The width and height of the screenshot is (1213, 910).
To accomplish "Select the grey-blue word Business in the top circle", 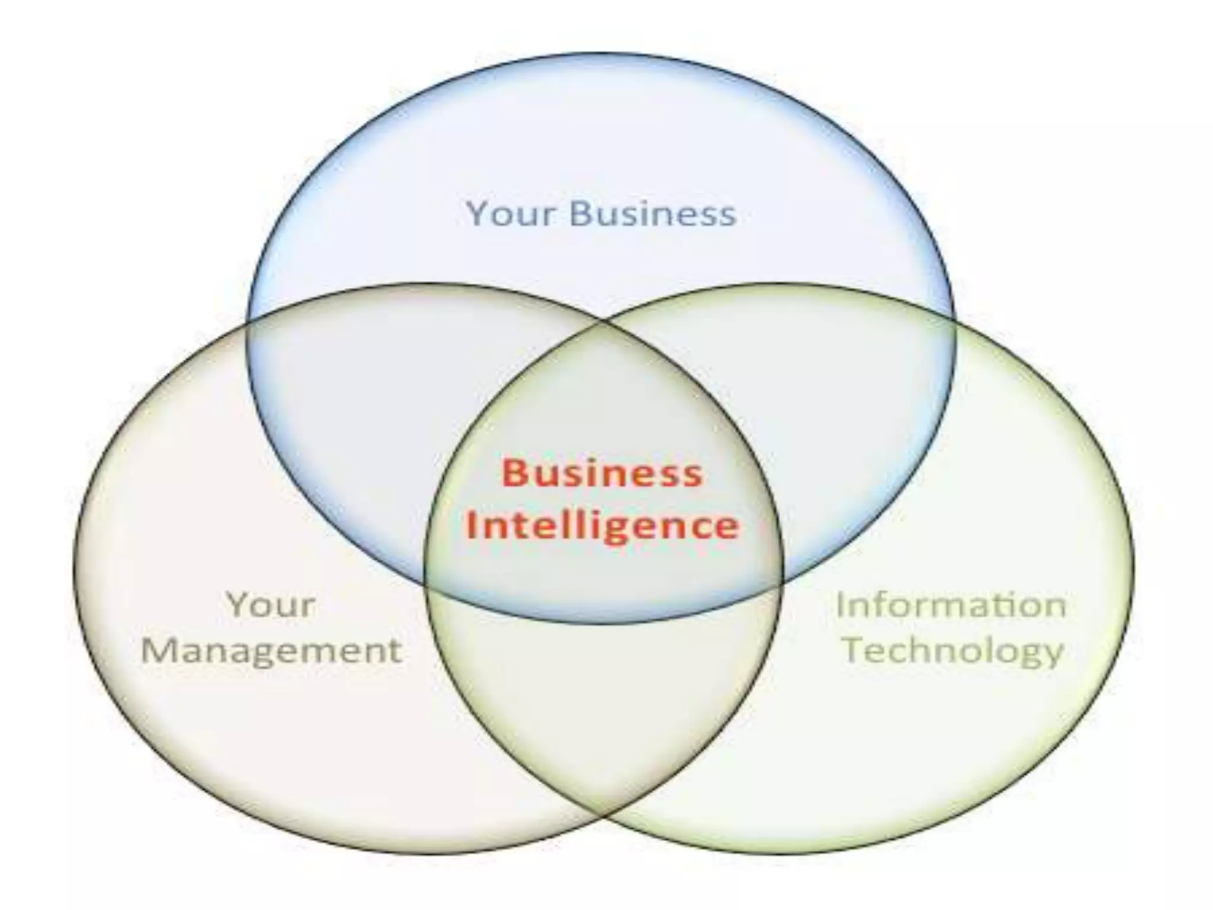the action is click(x=652, y=213).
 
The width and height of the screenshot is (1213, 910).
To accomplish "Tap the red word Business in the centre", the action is click(x=602, y=474).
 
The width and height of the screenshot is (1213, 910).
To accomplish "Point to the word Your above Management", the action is click(x=271, y=605).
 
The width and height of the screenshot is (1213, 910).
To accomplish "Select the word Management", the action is click(x=271, y=651).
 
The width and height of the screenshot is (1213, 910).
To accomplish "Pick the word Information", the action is click(x=951, y=605).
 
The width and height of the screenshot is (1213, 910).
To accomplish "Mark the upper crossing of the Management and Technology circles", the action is click(x=604, y=323).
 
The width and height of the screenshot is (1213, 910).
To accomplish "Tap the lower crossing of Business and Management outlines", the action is click(x=425, y=585).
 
